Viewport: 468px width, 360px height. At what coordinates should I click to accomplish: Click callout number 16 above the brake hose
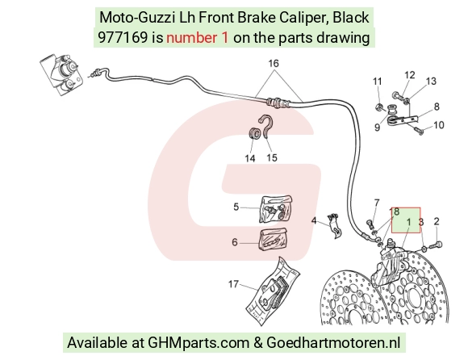click(274, 63)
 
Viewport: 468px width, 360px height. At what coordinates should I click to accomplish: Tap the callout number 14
click(250, 158)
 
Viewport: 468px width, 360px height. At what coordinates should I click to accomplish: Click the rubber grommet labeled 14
click(255, 133)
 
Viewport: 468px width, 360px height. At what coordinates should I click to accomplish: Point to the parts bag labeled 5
click(276, 209)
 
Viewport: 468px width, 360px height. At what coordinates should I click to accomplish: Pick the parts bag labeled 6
click(274, 239)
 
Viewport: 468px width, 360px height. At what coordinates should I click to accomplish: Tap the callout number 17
click(233, 284)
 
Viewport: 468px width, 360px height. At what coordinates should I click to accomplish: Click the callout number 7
click(377, 203)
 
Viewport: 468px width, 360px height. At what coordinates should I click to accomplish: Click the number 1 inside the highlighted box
click(408, 222)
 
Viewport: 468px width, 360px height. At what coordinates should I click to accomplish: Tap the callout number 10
click(439, 125)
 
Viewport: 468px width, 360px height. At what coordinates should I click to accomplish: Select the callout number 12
click(410, 75)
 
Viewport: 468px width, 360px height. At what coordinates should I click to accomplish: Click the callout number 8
click(437, 107)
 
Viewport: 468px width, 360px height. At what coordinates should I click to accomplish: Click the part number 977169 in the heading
click(123, 38)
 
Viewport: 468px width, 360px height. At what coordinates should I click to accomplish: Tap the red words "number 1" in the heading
click(198, 38)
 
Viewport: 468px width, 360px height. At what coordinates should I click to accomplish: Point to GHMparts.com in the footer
click(198, 342)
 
